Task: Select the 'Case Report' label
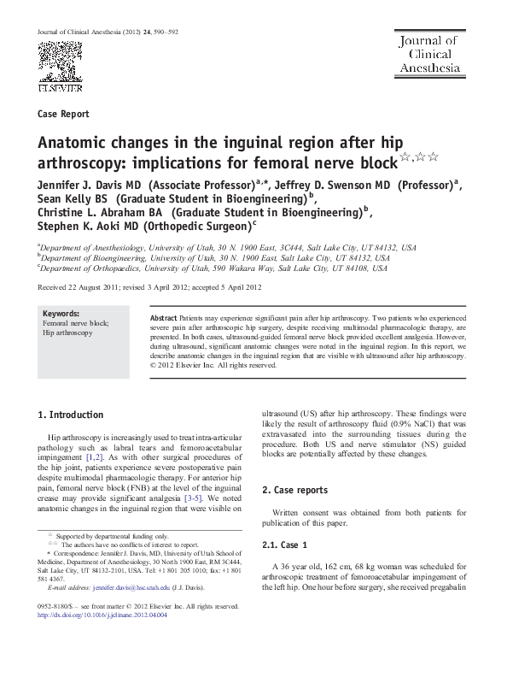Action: point(64,114)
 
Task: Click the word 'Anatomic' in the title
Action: point(73,143)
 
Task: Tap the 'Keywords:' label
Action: point(61,314)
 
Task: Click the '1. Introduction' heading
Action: point(72,415)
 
